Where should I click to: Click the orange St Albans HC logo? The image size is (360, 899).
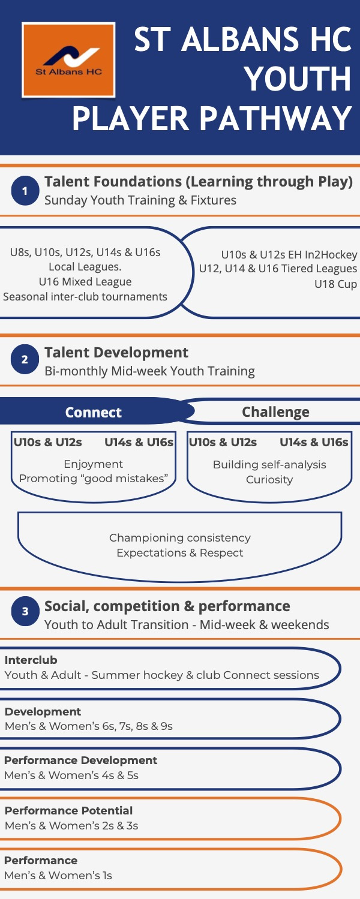pos(68,60)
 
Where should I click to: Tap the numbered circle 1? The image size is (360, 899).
pos(25,191)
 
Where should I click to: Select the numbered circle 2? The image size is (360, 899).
pos(25,360)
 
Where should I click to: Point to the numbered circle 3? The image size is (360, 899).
pos(25,612)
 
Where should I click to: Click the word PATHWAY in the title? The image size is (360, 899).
pos(276,119)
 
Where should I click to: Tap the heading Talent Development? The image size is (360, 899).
pos(116,353)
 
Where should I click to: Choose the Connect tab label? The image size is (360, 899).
pos(94,413)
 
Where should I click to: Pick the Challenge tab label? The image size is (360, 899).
pos(275,412)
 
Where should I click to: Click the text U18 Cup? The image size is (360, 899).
pos(335,284)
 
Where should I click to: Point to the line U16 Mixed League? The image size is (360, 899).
pos(85,282)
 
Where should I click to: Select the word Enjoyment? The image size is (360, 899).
pos(93,464)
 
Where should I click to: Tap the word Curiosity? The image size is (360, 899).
pos(269,480)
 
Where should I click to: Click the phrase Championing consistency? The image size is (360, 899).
pos(180,538)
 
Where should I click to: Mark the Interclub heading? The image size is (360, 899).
pos(31,660)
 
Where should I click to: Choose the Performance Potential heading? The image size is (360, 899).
pos(68,811)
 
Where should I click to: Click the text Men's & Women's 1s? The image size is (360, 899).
pos(58,876)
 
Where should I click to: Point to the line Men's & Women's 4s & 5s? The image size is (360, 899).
pos(71,775)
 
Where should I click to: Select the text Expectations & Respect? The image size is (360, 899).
pos(180,553)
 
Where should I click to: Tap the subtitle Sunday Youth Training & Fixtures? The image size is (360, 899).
pos(140,200)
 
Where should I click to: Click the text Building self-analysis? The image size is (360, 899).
pos(269,465)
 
